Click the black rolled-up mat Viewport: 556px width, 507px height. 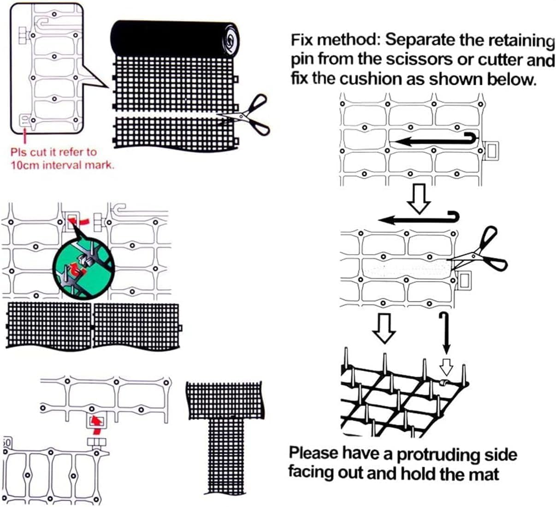click(175, 39)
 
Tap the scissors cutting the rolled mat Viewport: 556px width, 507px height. click(247, 115)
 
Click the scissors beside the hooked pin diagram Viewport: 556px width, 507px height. click(482, 251)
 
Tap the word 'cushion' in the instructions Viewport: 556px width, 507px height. click(372, 79)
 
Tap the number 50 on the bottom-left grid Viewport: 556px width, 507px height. click(6, 443)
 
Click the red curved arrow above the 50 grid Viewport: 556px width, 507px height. click(96, 426)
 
